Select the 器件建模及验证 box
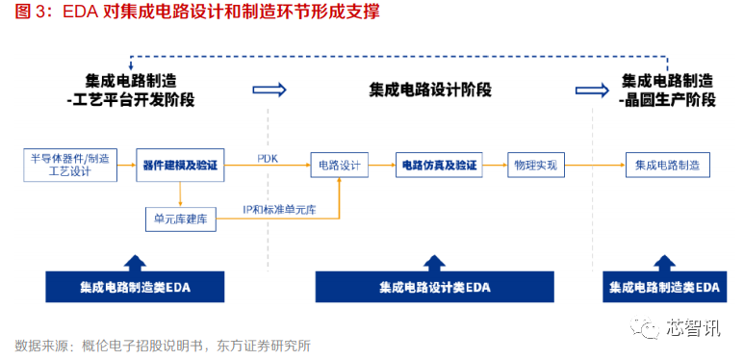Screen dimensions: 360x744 click(180, 166)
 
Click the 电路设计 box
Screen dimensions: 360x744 click(339, 166)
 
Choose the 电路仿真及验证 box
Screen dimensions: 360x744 click(438, 166)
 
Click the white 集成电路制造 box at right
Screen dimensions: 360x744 click(667, 166)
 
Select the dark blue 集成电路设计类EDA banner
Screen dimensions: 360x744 click(434, 287)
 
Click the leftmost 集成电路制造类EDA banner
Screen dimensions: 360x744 click(136, 287)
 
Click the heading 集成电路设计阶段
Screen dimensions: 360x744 click(430, 89)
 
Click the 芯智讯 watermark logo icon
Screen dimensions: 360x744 click(643, 328)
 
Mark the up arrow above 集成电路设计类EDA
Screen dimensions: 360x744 click(434, 259)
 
